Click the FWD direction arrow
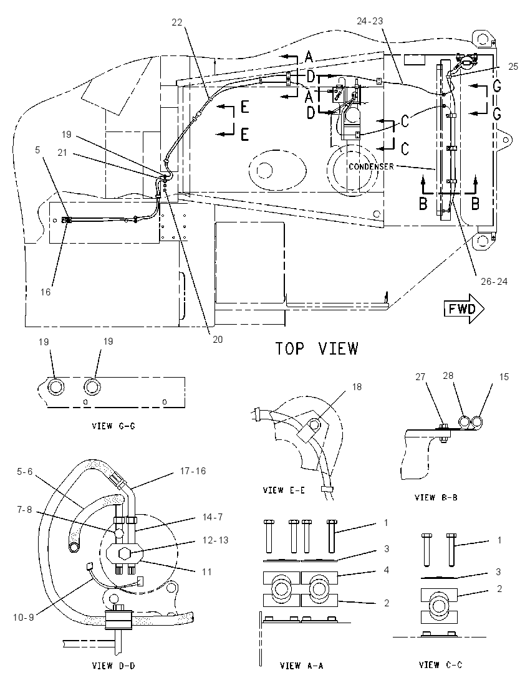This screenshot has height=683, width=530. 464,309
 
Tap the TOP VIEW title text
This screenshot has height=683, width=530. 317,348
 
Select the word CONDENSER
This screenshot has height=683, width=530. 372,166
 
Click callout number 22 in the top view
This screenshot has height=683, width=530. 176,22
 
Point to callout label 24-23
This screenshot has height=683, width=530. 370,21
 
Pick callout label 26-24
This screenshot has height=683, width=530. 494,282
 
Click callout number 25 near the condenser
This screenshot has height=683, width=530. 513,66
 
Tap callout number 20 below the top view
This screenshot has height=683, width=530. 218,339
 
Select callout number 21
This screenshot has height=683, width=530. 63,153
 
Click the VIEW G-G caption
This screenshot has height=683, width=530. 113,426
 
